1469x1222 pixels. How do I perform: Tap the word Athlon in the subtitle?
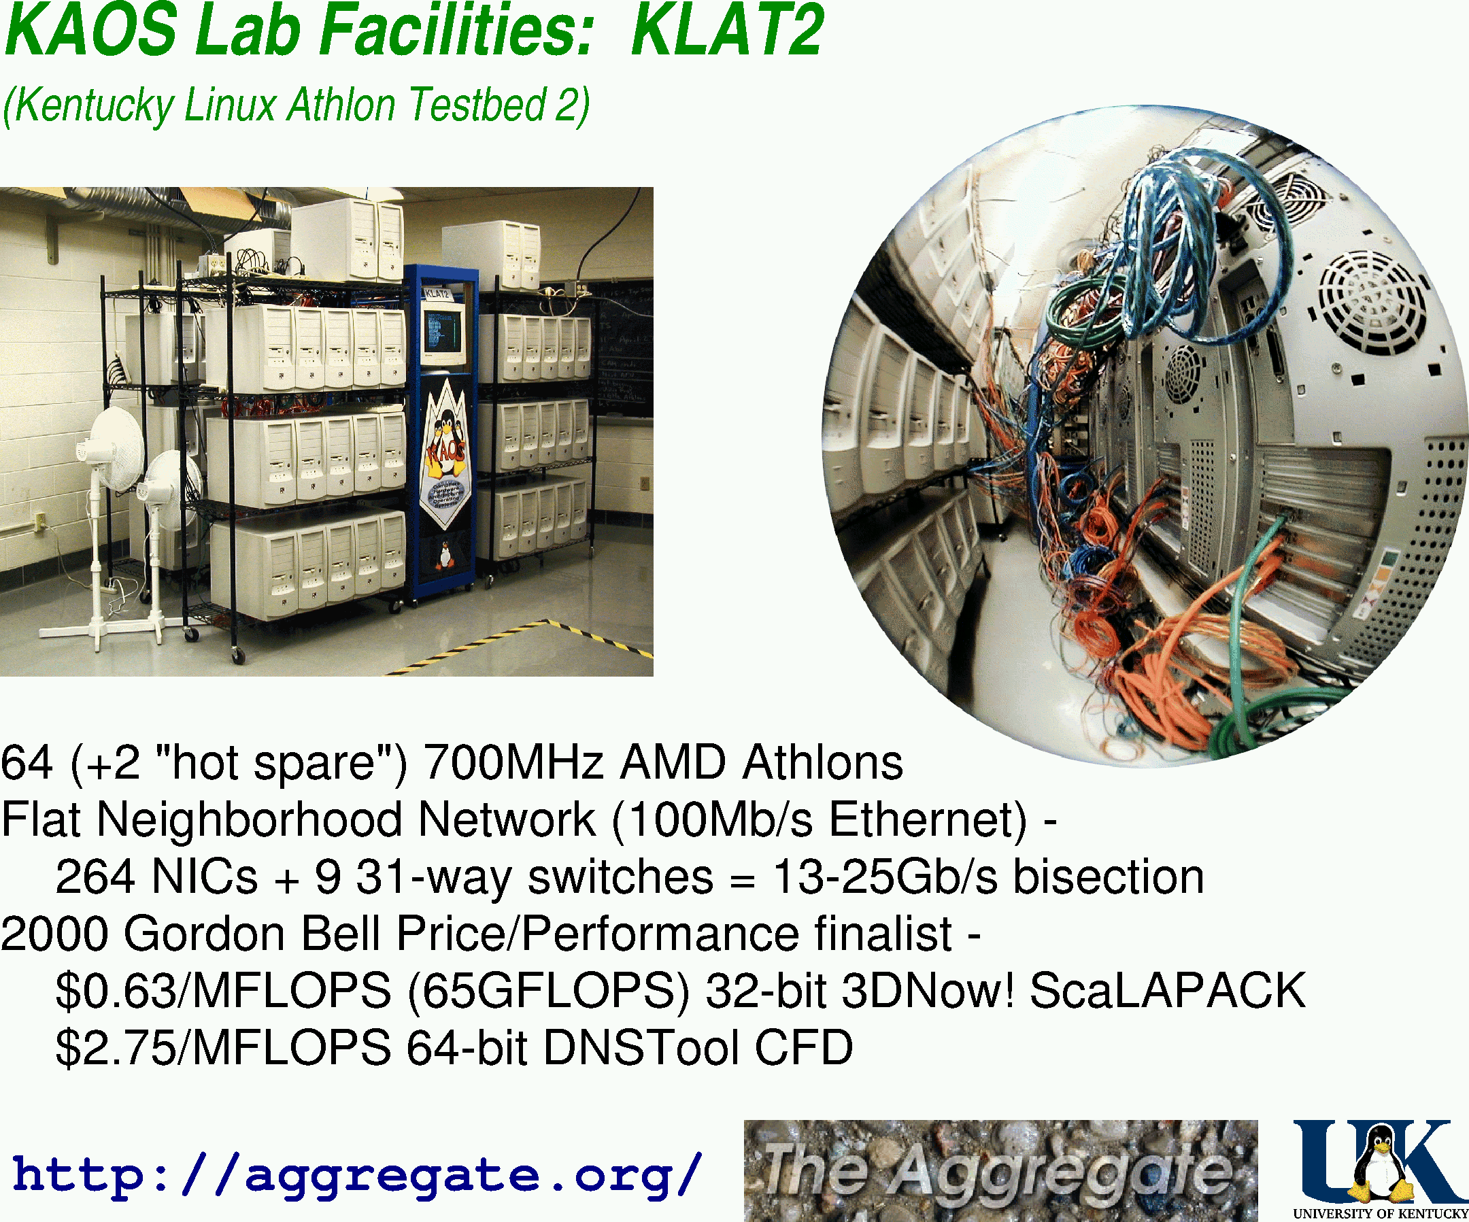pos(342,105)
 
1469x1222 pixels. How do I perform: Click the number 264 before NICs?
pos(95,877)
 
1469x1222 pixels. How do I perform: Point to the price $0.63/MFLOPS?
pos(223,991)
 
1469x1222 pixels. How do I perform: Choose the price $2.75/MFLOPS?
pos(223,1048)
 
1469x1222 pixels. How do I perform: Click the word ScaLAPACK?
pos(1168,991)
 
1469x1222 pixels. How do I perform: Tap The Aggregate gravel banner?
pos(1001,1171)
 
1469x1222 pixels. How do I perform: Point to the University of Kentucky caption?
pos(1380,1214)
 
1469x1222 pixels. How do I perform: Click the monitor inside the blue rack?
pos(443,333)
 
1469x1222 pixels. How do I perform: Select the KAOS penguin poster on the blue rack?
pos(445,454)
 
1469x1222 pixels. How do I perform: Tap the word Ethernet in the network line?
pos(928,819)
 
